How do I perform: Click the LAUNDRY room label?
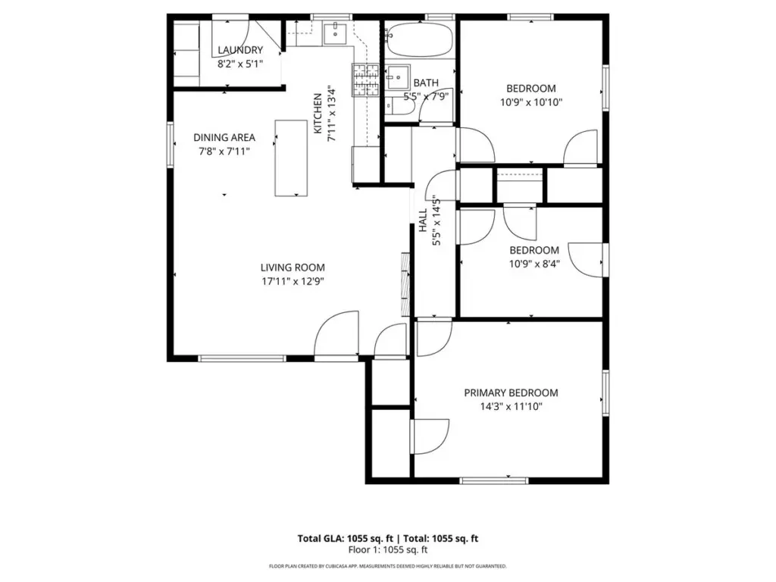coord(240,50)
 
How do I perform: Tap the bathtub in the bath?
coord(420,39)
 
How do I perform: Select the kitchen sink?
coord(336,33)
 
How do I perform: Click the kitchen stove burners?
coord(365,79)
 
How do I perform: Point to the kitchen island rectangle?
coord(291,158)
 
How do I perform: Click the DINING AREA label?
coord(224,138)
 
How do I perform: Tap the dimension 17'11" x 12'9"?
coord(293,282)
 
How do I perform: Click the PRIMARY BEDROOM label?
coord(512,393)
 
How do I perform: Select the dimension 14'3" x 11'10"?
coord(512,407)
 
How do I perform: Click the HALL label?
coord(423,221)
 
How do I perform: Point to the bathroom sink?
coord(397,77)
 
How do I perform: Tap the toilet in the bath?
coord(396,106)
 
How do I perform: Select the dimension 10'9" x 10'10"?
coord(531,102)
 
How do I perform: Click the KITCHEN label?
coord(318,114)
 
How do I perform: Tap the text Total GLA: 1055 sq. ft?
coord(346,539)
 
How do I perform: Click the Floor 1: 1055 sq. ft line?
coord(388,550)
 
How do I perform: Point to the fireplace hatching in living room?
coord(405,284)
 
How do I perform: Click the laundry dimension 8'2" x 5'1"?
coord(240,64)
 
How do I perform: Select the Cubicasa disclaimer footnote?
coord(388,566)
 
